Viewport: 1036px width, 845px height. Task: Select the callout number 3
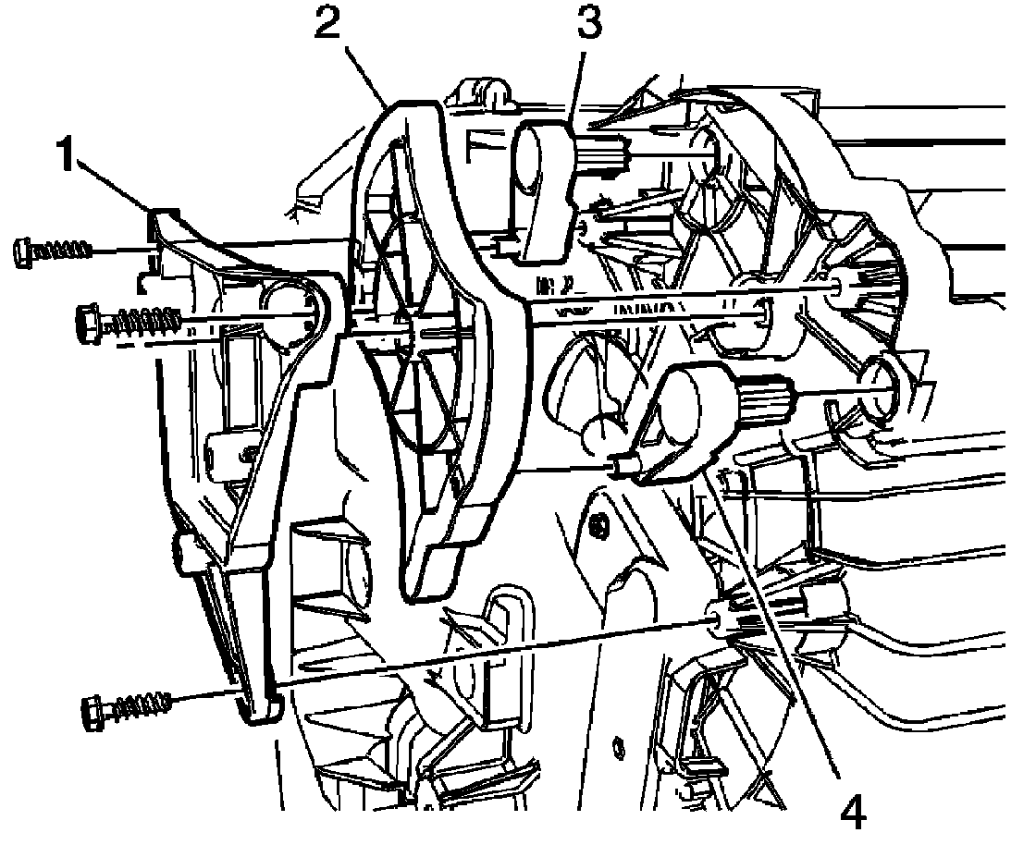pyautogui.click(x=588, y=20)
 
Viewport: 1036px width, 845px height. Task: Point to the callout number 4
pyautogui.click(x=853, y=814)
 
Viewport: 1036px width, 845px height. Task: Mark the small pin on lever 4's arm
pyautogui.click(x=618, y=464)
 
